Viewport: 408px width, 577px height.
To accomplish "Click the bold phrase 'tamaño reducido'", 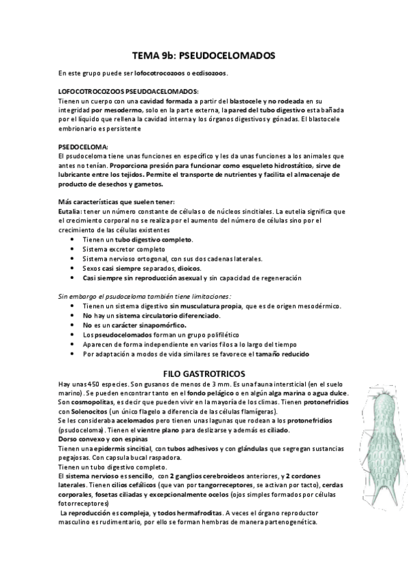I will [281, 354].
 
